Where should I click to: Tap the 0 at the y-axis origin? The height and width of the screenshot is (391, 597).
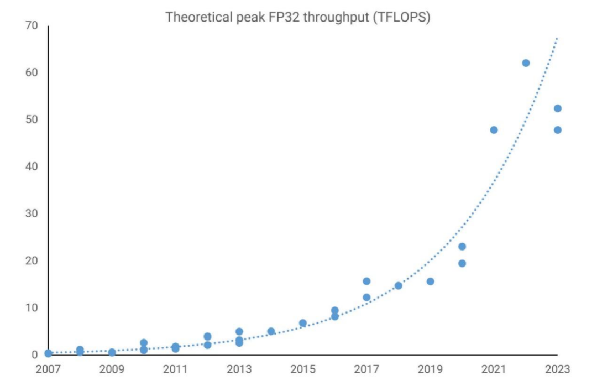[x=34, y=354]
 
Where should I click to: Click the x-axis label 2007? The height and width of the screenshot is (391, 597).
[x=48, y=369]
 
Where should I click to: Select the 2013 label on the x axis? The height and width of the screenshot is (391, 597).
[x=239, y=369]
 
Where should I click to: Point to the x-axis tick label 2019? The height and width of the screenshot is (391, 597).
[x=430, y=369]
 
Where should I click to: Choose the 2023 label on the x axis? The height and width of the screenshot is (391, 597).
[x=557, y=369]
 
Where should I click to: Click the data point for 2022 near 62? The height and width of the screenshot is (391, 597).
[x=526, y=63]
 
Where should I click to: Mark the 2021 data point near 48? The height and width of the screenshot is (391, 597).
[x=494, y=130]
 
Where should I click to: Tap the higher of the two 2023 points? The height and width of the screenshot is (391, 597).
[x=557, y=108]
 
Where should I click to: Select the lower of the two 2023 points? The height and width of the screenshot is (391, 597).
[x=557, y=130]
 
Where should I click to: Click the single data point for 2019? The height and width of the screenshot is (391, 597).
[x=430, y=281]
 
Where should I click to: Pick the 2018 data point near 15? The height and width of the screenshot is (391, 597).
[x=398, y=285]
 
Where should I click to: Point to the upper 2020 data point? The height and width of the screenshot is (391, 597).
[x=462, y=247]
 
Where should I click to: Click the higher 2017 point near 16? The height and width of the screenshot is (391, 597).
[x=366, y=281]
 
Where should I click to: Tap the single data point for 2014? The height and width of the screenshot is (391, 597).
[x=271, y=331]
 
